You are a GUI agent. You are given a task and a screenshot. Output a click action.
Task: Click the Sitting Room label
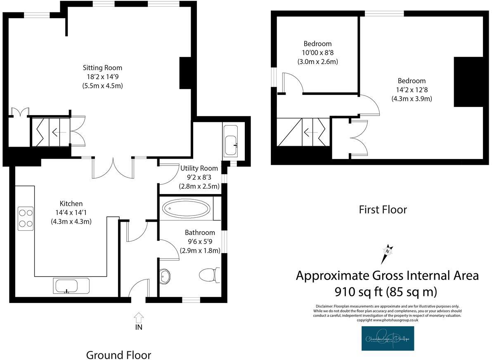[102, 68]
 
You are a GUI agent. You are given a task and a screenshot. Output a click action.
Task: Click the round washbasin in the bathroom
[165, 276]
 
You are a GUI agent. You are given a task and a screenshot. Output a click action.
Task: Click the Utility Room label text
[200, 168]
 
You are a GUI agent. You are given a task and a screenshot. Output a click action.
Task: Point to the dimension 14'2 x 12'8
[412, 90]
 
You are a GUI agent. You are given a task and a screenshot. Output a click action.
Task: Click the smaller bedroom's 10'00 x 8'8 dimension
[317, 53]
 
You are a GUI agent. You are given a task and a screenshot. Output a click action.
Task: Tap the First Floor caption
[383, 210]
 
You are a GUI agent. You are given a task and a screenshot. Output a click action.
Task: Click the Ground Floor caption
[118, 355]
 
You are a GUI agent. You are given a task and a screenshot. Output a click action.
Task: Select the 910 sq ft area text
[387, 292]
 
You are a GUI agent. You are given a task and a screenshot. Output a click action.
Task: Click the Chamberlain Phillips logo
[388, 339]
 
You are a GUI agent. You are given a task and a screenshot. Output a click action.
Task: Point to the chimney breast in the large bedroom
[468, 82]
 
